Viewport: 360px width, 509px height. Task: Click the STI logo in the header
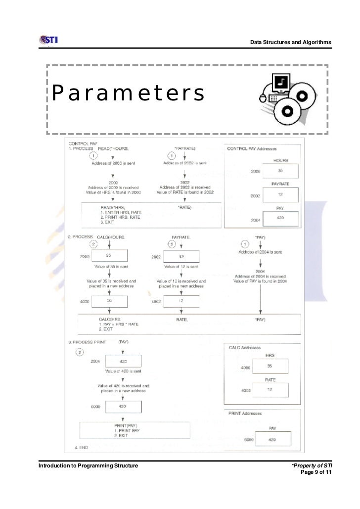tap(48, 39)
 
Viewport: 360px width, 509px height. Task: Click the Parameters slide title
tap(128, 93)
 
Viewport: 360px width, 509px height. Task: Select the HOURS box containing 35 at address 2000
tap(280, 171)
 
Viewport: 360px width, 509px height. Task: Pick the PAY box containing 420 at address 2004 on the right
tap(280, 219)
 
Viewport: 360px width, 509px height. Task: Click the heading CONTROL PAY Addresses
tap(251, 148)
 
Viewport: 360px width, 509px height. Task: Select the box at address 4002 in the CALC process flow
tap(181, 301)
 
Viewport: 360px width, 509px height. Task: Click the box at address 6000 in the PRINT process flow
tap(123, 406)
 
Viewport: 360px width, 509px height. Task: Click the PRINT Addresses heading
tap(245, 413)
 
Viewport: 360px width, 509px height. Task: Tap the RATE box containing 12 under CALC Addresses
tap(270, 390)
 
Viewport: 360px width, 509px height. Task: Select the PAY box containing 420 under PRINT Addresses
tap(272, 439)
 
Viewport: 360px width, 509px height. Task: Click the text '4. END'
tap(82, 447)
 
